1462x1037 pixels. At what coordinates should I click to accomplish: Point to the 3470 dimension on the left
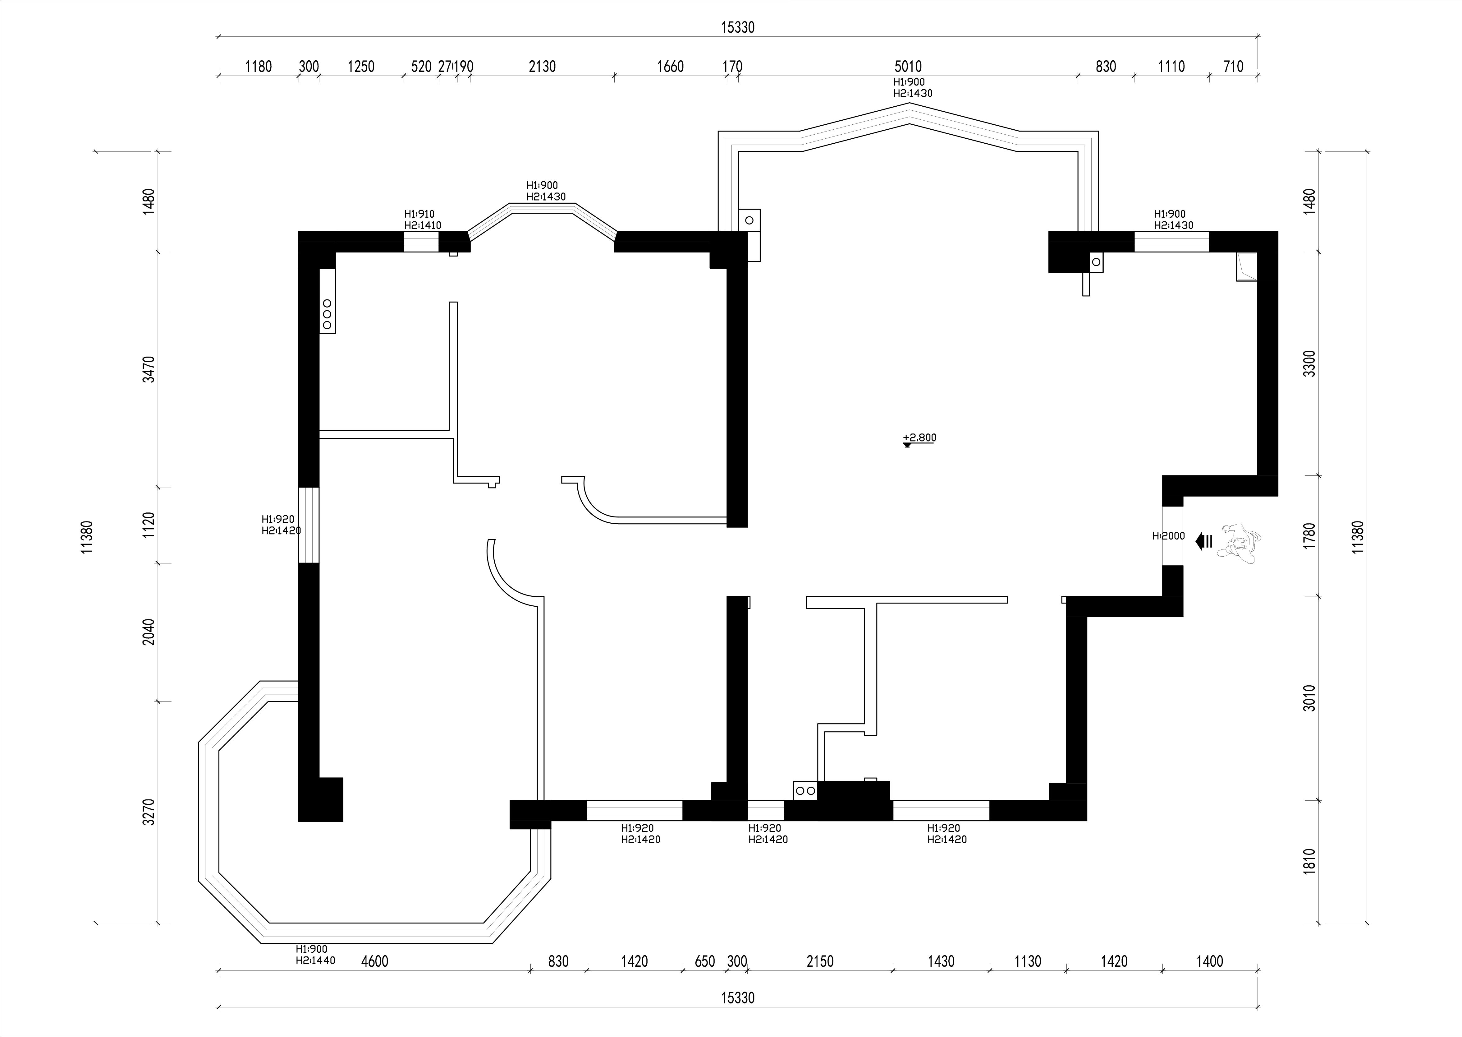[149, 369]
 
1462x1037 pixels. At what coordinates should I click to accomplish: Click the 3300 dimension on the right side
[1309, 363]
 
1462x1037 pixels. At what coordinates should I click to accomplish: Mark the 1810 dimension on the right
[1309, 861]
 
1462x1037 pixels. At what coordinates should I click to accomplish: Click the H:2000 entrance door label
[1168, 536]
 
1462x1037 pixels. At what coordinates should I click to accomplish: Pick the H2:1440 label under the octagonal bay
[315, 960]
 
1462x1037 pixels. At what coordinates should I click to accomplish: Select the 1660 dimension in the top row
[670, 67]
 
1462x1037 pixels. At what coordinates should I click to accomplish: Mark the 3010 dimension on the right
[1309, 698]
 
